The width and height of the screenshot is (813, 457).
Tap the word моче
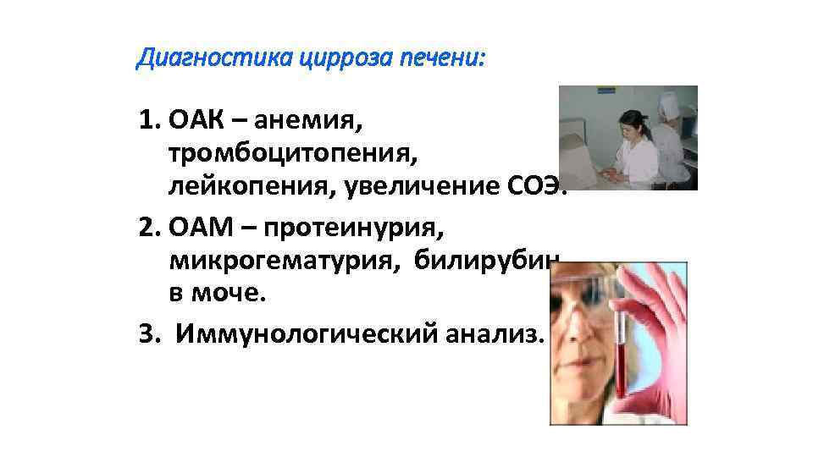click(x=226, y=294)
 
